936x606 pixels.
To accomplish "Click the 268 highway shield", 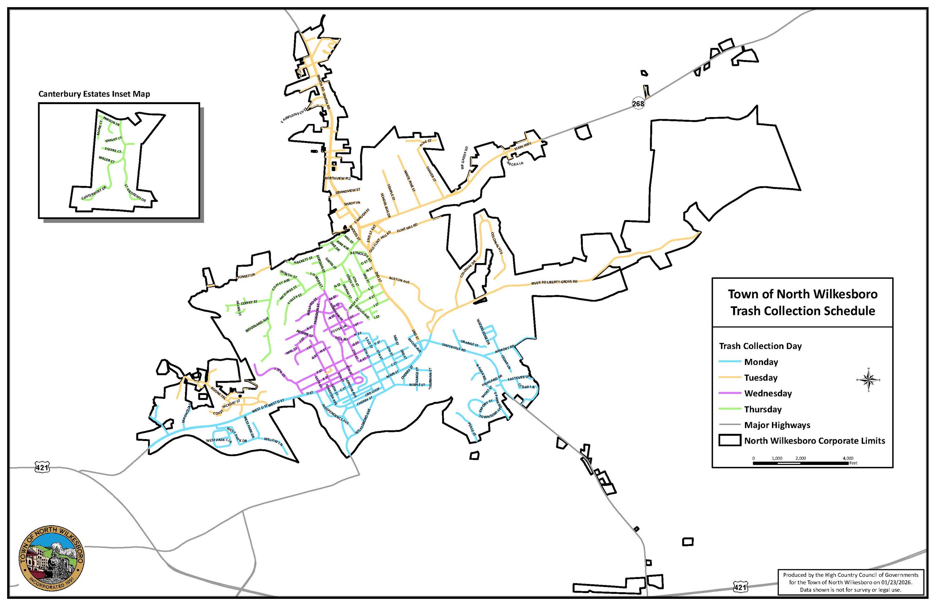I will click(638, 103).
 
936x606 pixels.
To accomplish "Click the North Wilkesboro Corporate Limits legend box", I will click(730, 440).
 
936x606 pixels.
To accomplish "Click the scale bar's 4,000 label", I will click(848, 458).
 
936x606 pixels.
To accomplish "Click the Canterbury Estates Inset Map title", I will click(94, 94).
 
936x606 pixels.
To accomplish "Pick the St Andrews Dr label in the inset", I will click(135, 193).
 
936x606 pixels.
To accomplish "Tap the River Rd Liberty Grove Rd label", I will click(554, 282).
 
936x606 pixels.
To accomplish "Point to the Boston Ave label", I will click(399, 280).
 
